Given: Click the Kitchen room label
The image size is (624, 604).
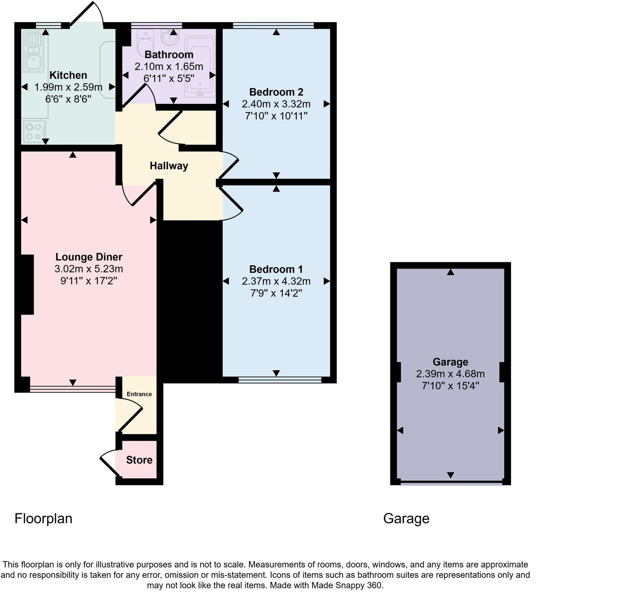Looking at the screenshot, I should point(68,76).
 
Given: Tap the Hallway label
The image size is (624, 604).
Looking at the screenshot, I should point(169,166).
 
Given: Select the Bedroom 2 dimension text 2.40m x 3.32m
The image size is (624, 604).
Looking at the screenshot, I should point(276,104).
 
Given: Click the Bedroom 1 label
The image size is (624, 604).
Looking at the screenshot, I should point(276,269).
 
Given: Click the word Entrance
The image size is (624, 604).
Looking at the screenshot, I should point(139,394).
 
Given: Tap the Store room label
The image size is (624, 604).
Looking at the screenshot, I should point(139,460).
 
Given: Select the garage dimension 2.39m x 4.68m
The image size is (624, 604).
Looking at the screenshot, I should point(450,374).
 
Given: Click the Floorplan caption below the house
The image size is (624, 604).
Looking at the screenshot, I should point(43,518).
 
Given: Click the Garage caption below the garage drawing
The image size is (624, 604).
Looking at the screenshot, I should point(406,518).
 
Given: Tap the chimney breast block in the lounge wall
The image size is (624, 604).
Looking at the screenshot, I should point(27,284).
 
